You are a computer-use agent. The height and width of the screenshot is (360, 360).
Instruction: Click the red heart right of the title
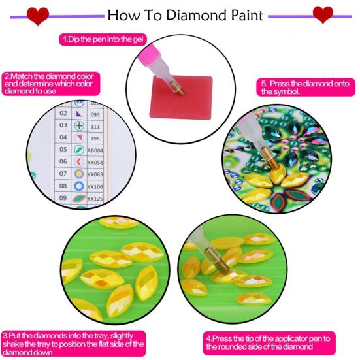[322, 14]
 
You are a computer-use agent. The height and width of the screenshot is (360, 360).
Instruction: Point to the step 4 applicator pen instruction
[269, 340]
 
